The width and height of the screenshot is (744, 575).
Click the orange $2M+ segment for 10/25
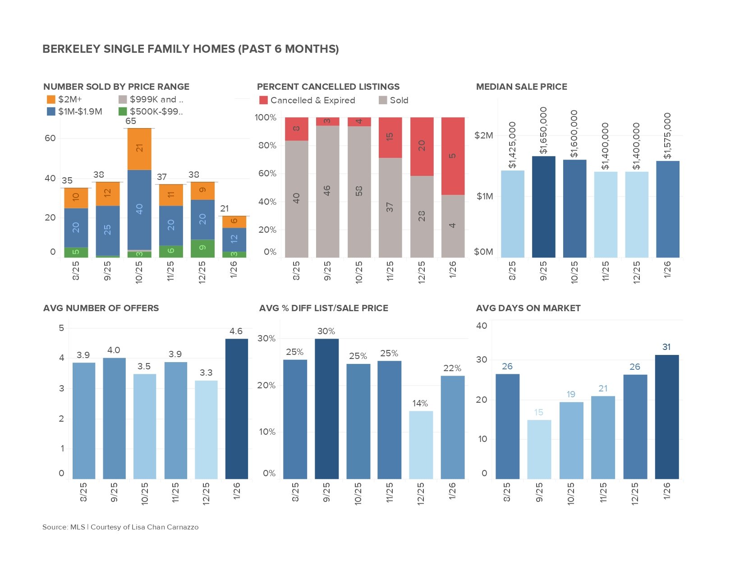click(139, 149)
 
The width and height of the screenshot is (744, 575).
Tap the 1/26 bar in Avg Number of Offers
click(236, 408)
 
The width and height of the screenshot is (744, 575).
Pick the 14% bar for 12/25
click(421, 444)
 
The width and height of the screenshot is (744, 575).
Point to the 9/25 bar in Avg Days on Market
click(539, 449)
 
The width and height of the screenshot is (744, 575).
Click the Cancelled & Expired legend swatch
click(264, 100)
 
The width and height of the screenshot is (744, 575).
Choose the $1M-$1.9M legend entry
click(74, 111)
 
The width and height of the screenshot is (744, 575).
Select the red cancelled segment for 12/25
click(422, 147)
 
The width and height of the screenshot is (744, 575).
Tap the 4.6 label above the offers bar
click(236, 331)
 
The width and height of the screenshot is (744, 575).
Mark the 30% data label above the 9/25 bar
click(326, 331)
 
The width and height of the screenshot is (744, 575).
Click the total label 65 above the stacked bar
click(131, 121)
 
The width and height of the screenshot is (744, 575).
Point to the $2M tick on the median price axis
click(484, 135)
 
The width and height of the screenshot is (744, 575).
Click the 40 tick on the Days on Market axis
click(482, 326)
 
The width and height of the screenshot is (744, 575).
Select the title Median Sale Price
click(521, 87)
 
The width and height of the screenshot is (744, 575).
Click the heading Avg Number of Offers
click(101, 308)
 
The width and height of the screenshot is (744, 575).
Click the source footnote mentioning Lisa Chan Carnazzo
click(120, 527)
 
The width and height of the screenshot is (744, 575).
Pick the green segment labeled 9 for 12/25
click(202, 248)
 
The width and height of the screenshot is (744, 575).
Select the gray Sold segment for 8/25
click(296, 198)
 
